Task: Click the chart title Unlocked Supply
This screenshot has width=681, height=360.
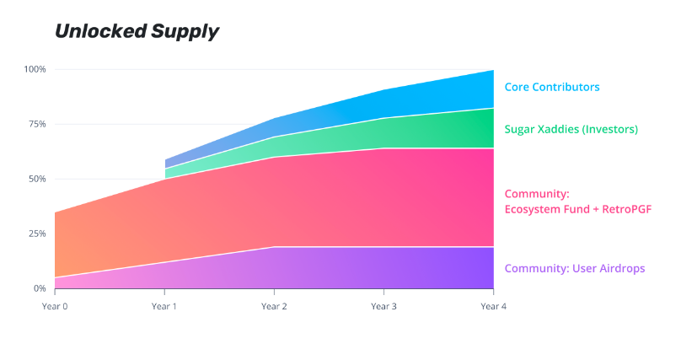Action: [137, 32]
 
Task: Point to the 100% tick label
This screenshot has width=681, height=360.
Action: [35, 69]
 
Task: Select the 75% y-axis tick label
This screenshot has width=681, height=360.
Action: [37, 124]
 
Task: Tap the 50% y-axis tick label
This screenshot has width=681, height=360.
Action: [37, 179]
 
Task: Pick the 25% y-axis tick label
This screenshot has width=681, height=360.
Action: [37, 234]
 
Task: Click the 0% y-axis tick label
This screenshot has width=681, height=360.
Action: [40, 288]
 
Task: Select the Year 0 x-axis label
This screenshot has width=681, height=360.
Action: [55, 306]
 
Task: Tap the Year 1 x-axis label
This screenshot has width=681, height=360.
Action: [164, 306]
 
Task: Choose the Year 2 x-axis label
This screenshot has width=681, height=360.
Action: [274, 306]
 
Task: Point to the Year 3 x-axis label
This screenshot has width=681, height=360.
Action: [383, 306]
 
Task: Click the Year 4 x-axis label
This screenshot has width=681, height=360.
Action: [493, 306]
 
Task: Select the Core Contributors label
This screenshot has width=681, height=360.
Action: [552, 87]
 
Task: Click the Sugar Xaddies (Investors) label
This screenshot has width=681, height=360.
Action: [571, 130]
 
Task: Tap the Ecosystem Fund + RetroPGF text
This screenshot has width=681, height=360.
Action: [578, 208]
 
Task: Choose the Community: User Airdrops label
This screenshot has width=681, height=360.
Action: [575, 269]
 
